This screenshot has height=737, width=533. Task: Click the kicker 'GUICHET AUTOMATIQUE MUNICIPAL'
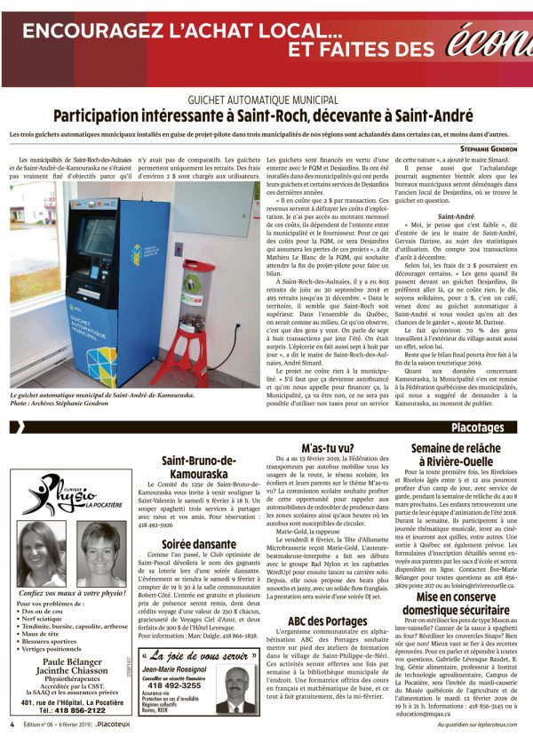point(266,100)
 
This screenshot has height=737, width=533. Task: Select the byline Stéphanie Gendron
point(493,148)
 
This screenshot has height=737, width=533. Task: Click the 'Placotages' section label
point(489,427)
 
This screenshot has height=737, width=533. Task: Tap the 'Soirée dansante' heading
point(198,543)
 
